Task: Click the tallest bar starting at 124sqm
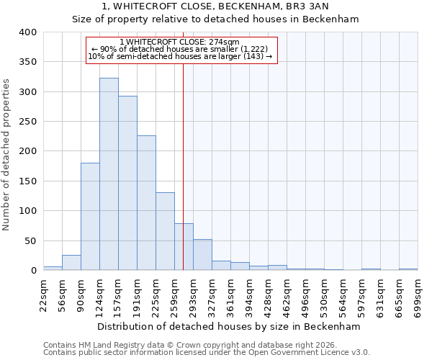(109, 174)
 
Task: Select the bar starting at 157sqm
(127, 184)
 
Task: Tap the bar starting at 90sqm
(90, 217)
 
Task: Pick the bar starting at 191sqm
(146, 203)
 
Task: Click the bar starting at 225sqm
(165, 231)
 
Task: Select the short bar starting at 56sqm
(71, 263)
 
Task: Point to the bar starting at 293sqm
(202, 255)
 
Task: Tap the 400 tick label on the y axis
(27, 32)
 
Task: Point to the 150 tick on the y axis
(27, 181)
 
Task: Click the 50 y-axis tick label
(30, 240)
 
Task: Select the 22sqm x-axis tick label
(43, 293)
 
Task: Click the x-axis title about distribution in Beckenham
(228, 326)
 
